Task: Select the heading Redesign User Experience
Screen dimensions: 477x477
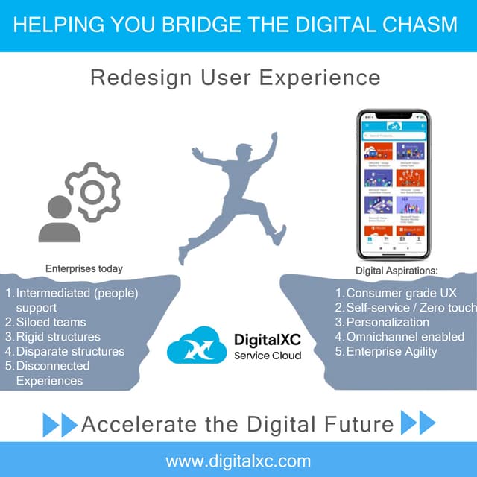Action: coord(236,78)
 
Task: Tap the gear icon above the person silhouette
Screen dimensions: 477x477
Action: coord(92,192)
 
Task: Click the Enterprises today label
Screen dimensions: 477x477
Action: coord(84,268)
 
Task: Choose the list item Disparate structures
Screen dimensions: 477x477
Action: coord(70,351)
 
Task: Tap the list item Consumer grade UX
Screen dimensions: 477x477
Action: coord(401,294)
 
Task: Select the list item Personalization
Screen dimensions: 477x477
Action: coord(388,323)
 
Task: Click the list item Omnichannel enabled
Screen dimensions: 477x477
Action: coord(405,337)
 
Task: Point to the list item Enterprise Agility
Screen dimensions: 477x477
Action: coord(392,351)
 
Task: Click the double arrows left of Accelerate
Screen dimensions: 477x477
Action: coord(60,424)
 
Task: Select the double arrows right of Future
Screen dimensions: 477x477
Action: coord(418,423)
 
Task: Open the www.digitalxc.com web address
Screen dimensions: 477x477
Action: coord(238,460)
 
